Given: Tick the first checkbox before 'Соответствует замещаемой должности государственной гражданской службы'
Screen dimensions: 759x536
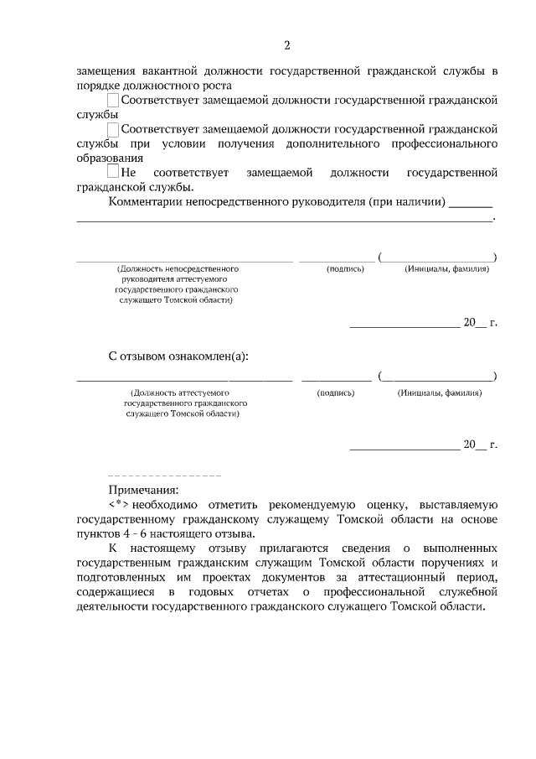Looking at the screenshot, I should click(113, 101).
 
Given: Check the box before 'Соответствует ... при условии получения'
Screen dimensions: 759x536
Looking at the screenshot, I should click(113, 130).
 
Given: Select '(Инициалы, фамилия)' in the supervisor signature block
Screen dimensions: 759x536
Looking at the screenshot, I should click(446, 268).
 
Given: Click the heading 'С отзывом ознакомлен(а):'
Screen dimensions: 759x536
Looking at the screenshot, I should click(178, 356).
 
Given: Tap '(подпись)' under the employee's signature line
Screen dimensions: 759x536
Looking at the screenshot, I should click(336, 392).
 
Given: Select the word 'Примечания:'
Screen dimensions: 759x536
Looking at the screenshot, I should click(143, 490).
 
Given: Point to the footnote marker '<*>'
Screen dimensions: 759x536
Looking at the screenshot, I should click(118, 505).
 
